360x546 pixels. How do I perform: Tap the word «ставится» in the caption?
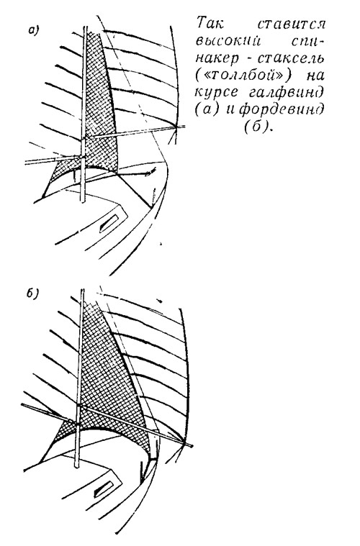point(292,24)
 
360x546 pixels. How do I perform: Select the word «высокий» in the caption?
point(229,42)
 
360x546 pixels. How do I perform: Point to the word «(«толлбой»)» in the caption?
point(245,76)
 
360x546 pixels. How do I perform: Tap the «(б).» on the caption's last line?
point(257,127)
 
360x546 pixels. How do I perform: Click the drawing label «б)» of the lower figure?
point(32,294)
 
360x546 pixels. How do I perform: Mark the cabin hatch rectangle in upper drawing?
point(109,223)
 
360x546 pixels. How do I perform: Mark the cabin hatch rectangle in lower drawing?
point(103,490)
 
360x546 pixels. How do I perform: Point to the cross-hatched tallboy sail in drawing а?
point(100,115)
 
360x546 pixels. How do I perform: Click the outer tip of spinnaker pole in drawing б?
point(192,445)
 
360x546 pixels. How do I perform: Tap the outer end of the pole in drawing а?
point(185,127)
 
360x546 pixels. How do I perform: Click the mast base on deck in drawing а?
point(83,200)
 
